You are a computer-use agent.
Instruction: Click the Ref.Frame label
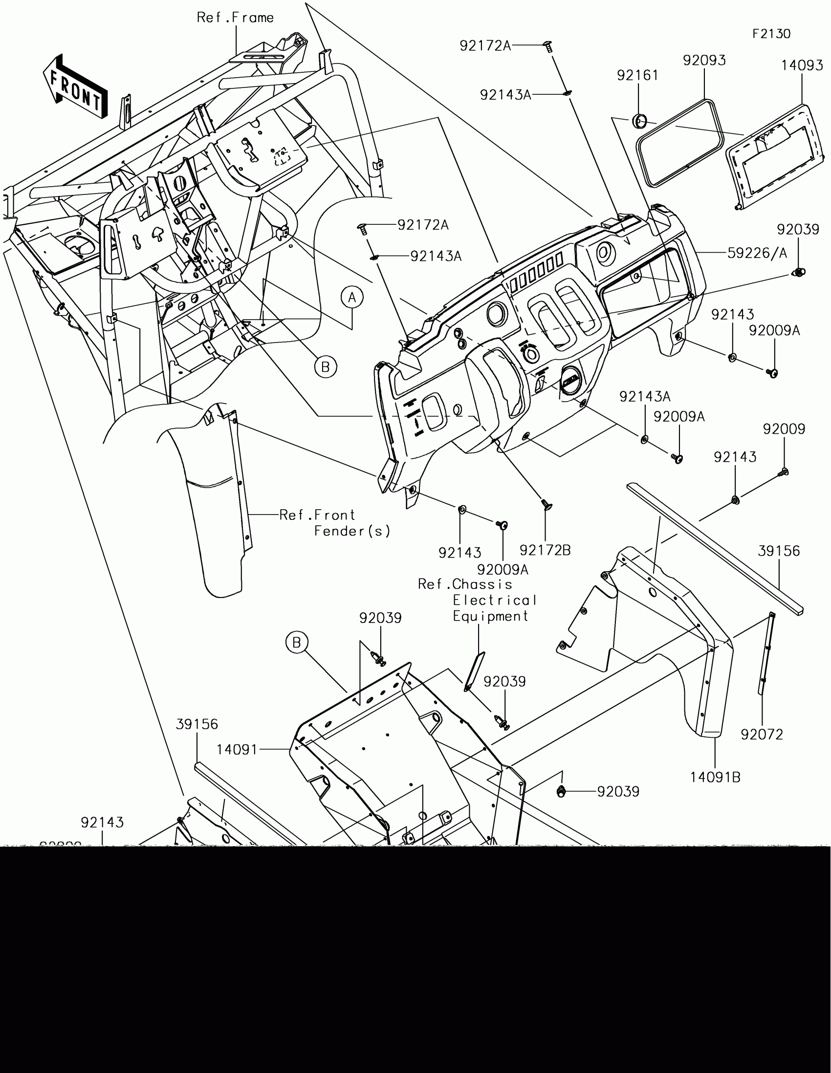pos(235,18)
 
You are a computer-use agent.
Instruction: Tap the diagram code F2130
pos(771,34)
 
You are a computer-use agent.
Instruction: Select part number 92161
pos(637,75)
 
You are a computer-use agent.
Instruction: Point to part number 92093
pos(704,61)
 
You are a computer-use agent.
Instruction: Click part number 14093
pos(802,65)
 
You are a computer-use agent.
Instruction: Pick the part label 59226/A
pos(757,253)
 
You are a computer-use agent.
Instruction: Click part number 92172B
pos(545,550)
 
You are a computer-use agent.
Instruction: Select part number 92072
pos(762,734)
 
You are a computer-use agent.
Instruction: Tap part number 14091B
pos(715,777)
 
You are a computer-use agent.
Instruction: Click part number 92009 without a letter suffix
pos(784,429)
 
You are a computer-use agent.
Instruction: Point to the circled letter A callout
pos(352,298)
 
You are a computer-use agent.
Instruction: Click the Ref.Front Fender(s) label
pos(334,523)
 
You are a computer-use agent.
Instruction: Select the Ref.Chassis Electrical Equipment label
pos(477,601)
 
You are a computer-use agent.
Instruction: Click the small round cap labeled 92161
pos(639,120)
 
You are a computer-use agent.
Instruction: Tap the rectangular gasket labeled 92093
pos(680,143)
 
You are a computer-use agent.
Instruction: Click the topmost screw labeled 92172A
pos(548,47)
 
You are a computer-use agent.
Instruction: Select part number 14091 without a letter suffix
pos(237,750)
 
